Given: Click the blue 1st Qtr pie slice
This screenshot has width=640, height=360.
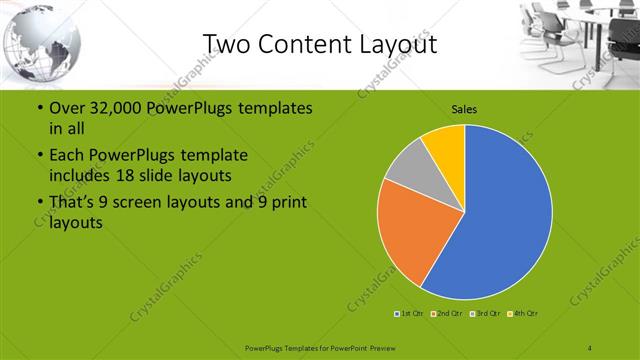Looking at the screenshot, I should coord(505,215).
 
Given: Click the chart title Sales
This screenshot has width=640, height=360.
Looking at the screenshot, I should coord(464,108).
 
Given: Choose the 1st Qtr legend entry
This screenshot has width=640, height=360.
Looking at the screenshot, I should coord(410,314).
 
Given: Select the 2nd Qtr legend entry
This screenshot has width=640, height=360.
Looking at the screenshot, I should coord(446,314).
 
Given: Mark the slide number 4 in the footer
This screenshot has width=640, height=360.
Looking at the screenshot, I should coord(590,347).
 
